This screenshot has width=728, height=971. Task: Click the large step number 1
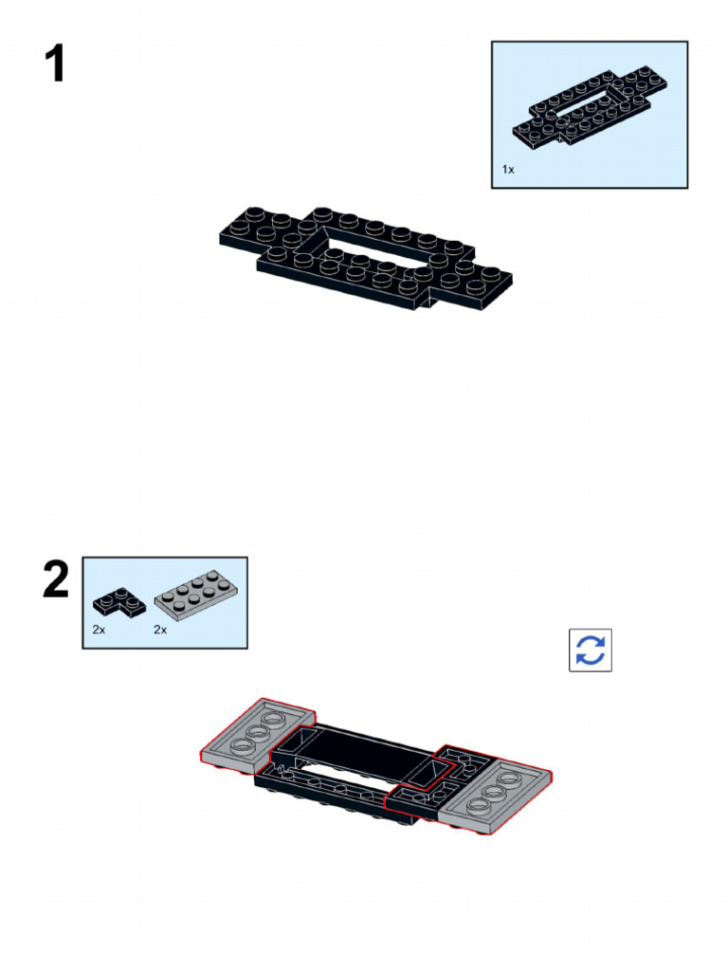click(55, 64)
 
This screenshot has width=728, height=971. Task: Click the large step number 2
click(55, 579)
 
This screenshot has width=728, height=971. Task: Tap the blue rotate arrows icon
click(590, 650)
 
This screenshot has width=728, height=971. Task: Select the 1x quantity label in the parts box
click(508, 169)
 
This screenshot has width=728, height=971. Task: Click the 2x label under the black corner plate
click(100, 630)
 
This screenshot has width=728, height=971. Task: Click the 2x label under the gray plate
click(160, 630)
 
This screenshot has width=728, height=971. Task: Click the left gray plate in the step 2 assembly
click(254, 735)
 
